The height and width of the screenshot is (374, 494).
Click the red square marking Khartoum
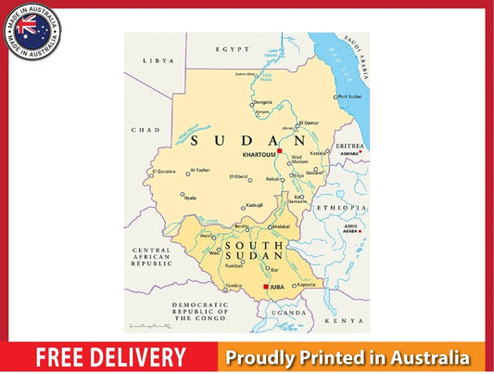coord(280,150)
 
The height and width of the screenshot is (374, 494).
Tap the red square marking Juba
coord(266,288)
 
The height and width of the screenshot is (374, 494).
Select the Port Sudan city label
coord(348,97)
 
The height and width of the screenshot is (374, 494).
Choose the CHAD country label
coord(140,130)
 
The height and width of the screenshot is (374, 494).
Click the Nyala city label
coord(189,197)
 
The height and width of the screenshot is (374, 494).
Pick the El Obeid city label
coord(238,176)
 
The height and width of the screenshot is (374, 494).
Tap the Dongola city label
coord(263,102)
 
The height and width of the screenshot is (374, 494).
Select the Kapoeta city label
coord(307,285)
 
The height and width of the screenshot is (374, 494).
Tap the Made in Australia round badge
coord(32,32)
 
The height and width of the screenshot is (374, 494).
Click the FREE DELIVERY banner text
coord(110,357)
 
